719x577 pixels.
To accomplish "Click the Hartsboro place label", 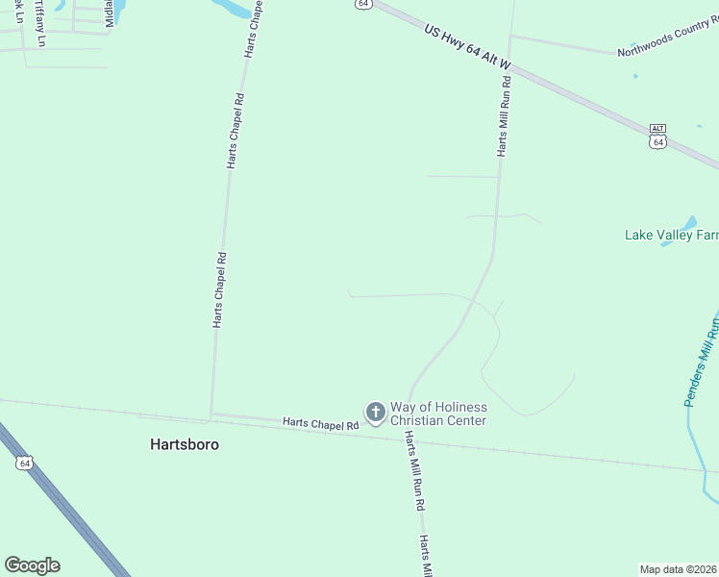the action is [x=185, y=445].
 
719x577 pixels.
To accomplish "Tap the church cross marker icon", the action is [x=375, y=414].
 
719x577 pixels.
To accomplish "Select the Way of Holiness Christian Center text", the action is [x=437, y=414].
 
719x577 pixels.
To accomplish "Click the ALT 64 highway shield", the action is [x=657, y=136].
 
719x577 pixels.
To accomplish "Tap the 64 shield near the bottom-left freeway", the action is [x=24, y=464].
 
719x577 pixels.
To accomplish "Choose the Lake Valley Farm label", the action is [x=671, y=235].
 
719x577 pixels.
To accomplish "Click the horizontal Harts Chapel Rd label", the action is [x=320, y=424].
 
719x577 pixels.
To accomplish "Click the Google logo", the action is [x=32, y=565].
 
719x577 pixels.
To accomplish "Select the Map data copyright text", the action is [x=679, y=569].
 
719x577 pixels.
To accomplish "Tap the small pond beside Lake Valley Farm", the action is [x=669, y=240].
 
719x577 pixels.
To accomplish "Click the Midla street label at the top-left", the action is [x=109, y=13].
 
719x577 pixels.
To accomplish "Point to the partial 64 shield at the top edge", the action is [x=361, y=4].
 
